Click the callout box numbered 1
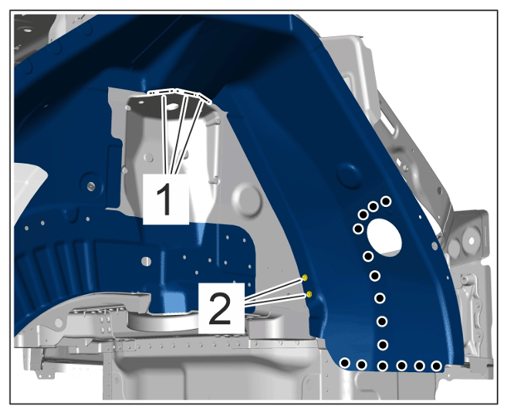tap(166, 199)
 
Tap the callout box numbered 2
tap(221, 308)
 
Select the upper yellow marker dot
tap(305, 278)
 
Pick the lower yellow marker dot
tap(309, 294)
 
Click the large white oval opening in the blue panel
tap(384, 237)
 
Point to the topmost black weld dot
tap(386, 201)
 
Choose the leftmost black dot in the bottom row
tap(345, 363)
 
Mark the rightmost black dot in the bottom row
tap(437, 366)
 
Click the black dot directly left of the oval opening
tap(358, 229)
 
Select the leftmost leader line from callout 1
tap(166, 134)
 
